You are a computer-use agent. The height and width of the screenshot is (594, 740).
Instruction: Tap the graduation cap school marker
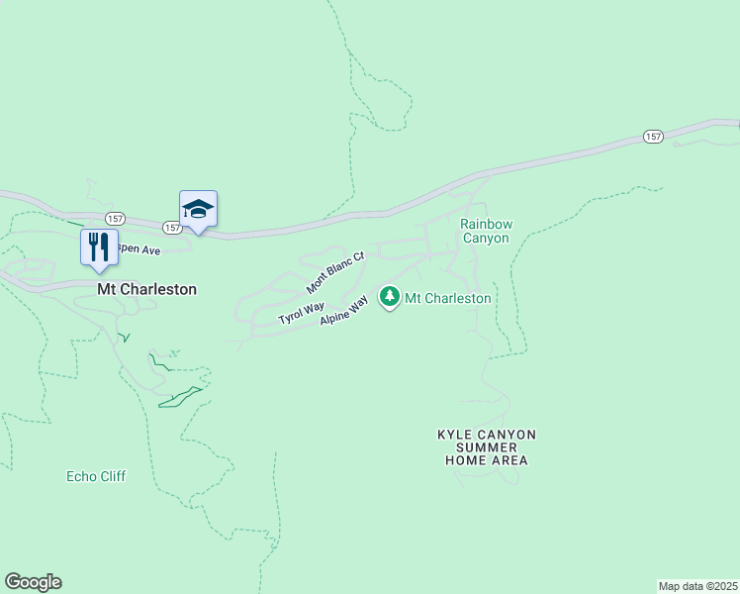point(198,209)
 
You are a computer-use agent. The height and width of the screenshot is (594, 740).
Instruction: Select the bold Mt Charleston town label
point(146,290)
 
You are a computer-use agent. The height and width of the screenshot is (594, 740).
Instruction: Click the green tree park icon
point(390,296)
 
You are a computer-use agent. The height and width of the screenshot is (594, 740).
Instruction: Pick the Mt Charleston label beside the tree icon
point(448,298)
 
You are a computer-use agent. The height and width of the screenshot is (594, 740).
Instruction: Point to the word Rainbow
point(485,224)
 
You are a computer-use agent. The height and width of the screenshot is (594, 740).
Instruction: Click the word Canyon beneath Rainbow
point(485,239)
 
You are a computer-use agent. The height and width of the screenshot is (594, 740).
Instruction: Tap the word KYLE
point(456,435)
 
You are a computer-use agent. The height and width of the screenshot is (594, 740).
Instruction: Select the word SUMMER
point(486,447)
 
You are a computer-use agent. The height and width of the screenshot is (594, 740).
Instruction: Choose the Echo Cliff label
point(96,476)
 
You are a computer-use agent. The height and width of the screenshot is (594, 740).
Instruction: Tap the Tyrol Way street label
point(301,313)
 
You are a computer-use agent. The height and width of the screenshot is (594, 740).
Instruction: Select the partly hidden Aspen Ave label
point(139,251)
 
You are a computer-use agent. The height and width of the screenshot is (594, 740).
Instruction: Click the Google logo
point(33,582)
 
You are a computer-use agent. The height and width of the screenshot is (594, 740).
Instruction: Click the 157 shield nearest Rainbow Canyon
point(653,137)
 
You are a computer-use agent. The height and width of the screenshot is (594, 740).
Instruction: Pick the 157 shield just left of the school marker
point(172,228)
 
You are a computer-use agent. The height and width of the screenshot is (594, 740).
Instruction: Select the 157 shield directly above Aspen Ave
point(115,217)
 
